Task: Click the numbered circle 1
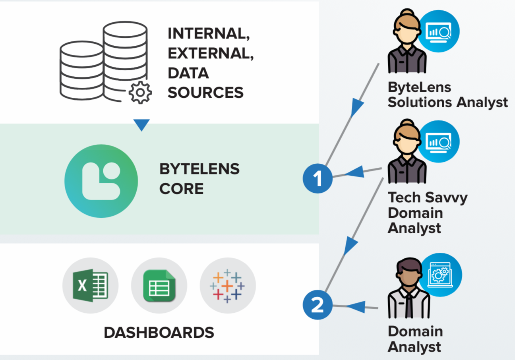point(318,178)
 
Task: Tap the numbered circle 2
point(317,306)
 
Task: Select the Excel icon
point(90,285)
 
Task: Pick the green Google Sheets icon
point(159,285)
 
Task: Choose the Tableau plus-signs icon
point(227,285)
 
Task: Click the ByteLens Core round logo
point(101,181)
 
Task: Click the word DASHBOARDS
point(159,333)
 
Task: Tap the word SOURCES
point(205,93)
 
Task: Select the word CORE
point(181,189)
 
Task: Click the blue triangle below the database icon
point(141,125)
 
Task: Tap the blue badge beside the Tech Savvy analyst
point(439,141)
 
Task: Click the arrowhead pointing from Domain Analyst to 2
point(356,306)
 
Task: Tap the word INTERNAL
point(209,34)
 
